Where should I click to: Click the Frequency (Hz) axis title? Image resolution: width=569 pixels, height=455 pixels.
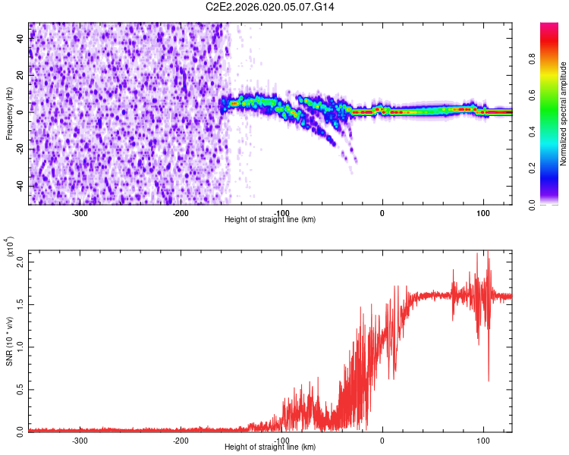tap(9, 114)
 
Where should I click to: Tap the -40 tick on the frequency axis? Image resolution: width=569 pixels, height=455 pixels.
tap(19, 186)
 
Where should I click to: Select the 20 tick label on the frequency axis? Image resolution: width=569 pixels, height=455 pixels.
tap(20, 74)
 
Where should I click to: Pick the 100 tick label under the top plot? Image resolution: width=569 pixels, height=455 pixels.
tap(483, 212)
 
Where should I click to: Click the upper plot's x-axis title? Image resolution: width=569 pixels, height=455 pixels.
tap(270, 220)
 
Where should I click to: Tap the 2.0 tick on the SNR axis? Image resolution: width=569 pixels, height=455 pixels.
tap(19, 262)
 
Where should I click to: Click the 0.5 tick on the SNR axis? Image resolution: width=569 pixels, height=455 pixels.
tap(19, 389)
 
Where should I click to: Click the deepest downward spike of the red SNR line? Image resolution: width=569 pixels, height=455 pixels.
tap(488, 380)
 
